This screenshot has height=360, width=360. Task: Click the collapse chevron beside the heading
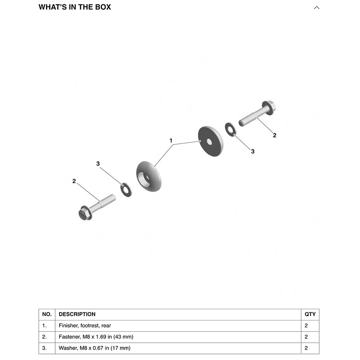tap(316, 8)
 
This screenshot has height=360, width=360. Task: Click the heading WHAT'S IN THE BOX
tap(75, 7)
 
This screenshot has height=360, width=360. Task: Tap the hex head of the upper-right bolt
tap(269, 107)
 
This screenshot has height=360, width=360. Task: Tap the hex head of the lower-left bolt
tap(85, 213)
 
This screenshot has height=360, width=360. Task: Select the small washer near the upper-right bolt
tap(230, 130)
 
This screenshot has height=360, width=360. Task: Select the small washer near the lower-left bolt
tap(126, 189)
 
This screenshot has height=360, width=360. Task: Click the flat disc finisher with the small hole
tap(210, 141)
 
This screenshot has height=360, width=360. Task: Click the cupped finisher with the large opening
tap(149, 176)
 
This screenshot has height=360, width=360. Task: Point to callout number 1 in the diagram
tap(171, 141)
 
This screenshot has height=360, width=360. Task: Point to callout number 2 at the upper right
tap(274, 135)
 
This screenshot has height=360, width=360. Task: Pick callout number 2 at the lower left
tap(74, 181)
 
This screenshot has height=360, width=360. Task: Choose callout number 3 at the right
tap(252, 151)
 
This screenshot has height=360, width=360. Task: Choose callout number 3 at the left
tap(98, 164)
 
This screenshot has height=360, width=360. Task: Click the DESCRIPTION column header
tap(77, 314)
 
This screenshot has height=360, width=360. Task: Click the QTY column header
tap(310, 314)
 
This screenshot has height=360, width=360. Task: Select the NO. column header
tap(47, 314)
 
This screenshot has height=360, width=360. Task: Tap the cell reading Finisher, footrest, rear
tap(85, 326)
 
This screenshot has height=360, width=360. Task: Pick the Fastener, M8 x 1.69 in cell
tap(96, 337)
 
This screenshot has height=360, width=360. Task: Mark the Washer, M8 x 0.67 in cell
tap(94, 348)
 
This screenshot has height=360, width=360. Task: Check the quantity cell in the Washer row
tap(306, 348)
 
